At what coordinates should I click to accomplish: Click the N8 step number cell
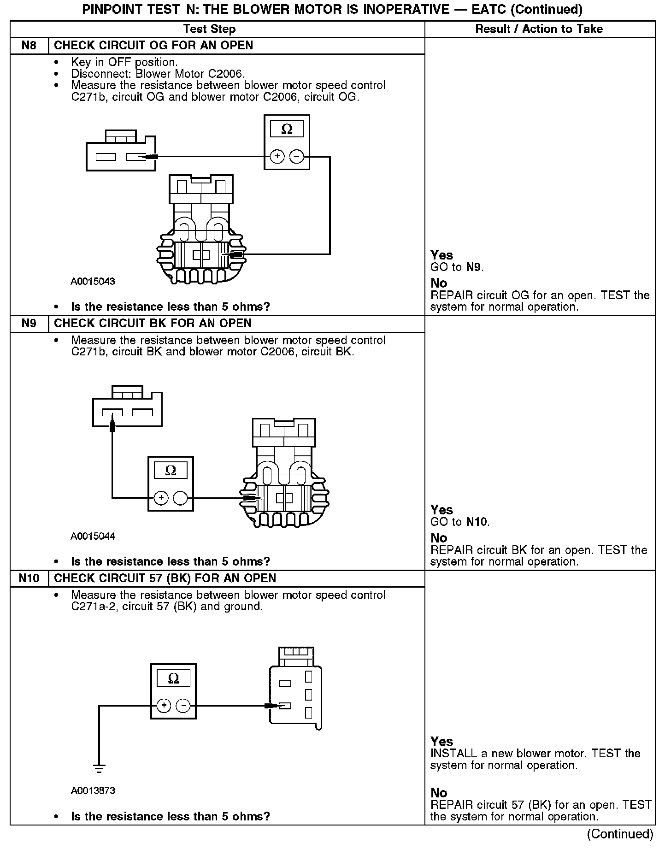pos(29,46)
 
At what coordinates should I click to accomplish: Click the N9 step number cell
pos(29,323)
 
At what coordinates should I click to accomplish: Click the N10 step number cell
pos(29,578)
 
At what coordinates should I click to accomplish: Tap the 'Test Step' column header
pos(209,29)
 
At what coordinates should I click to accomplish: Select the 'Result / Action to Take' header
pos(539,29)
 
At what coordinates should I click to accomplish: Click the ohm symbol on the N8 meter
pos(287,130)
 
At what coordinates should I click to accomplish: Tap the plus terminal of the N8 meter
pos(277,157)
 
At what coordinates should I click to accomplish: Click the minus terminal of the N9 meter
pos(180,498)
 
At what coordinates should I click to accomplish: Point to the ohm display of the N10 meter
pos(173,678)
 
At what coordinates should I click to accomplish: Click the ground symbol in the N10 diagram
pos(99,768)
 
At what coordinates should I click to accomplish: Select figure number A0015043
pos(93,281)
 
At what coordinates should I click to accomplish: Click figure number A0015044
pos(93,536)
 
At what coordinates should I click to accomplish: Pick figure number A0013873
pos(93,791)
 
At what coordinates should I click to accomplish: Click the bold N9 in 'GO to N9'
pos(474,267)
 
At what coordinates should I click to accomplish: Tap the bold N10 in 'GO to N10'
pos(477,522)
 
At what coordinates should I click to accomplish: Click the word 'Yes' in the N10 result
pos(441,742)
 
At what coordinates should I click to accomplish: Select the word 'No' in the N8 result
pos(439,283)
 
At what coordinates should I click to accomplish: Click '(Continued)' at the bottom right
pos(620,834)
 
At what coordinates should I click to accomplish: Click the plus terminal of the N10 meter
pos(164,706)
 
